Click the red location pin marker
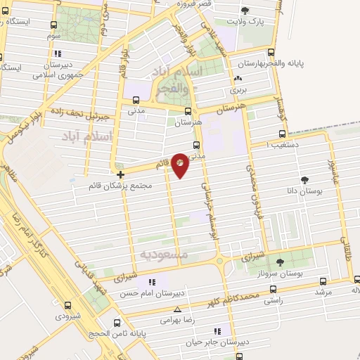(180, 165)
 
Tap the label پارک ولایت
(245, 22)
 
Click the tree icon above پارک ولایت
(245, 11)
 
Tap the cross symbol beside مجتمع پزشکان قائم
(121, 174)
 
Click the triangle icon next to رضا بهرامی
(176, 309)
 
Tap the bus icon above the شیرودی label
(67, 306)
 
